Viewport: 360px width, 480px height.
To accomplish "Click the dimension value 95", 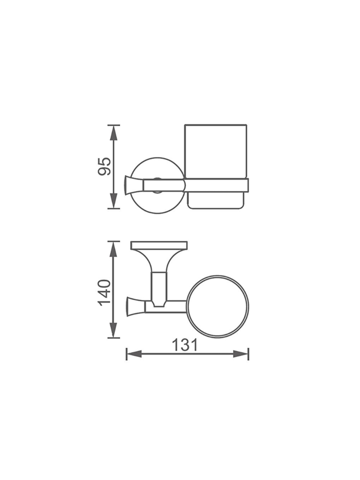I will (x=105, y=166).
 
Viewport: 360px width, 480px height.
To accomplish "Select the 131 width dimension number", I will (x=187, y=345).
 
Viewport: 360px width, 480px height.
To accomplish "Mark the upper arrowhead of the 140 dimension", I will (x=113, y=249).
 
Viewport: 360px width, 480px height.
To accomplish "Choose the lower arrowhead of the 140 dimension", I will (x=113, y=330).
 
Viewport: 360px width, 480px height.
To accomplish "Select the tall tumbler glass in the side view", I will (x=216, y=151).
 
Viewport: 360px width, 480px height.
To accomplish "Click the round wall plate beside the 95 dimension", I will (x=158, y=168).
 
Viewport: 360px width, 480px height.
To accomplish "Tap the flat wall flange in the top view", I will (x=159, y=245).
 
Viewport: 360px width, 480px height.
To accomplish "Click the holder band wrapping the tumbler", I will (x=216, y=185).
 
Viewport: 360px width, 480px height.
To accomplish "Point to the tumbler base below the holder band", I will (x=216, y=201).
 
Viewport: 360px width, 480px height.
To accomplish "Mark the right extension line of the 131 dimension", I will (x=248, y=354).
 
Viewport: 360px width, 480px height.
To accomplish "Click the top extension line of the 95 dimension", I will (x=114, y=125).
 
